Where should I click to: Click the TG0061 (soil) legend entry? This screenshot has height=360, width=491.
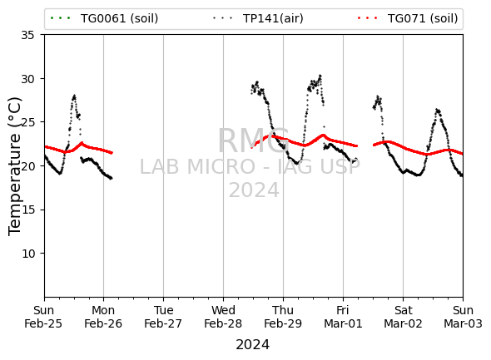pos(104,18)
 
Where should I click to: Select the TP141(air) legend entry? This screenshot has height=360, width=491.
pos(258,18)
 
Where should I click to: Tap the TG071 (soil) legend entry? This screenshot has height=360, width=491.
pos(408,18)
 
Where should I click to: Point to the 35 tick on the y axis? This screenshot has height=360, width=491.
pos(27,35)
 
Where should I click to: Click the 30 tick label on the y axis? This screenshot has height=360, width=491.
pos(27,79)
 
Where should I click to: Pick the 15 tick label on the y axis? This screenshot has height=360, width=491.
pos(27,210)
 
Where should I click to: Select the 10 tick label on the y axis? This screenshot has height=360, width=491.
pos(27,254)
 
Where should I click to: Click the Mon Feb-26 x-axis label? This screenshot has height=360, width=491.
pos(103,317)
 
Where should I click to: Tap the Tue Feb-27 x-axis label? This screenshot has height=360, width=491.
pos(163,317)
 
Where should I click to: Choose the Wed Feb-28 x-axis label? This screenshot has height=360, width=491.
pos(223,317)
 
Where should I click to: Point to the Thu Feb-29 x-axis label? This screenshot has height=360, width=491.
pos(283,317)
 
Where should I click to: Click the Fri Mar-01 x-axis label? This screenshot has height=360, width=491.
pos(343,317)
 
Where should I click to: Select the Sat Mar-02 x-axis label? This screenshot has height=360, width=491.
pos(403,317)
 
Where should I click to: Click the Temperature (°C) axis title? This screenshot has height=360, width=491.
pos(15,166)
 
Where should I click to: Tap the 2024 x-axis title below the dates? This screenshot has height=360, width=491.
pos(252,345)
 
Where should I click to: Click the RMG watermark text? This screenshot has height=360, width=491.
pos(254,141)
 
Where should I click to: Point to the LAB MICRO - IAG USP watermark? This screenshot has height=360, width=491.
pos(250,167)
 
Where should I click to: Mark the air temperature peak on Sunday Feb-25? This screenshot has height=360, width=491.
pos(74,96)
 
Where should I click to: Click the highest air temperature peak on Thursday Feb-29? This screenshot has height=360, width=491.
pos(320,76)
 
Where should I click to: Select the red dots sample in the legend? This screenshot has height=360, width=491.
pos(367,18)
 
